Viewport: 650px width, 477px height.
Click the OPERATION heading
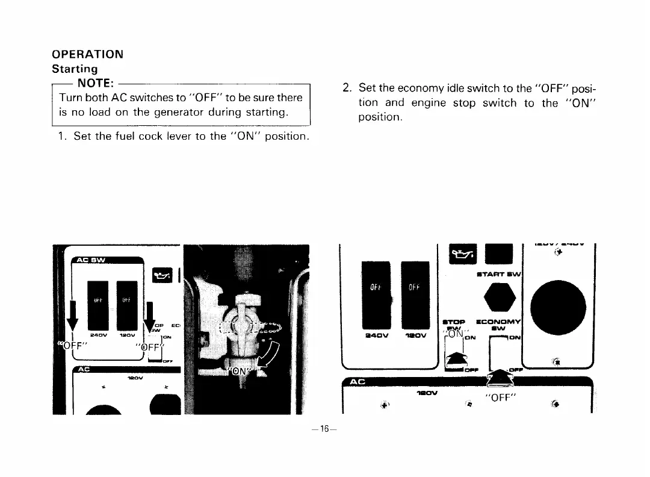coord(87,54)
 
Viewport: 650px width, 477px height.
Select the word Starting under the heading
coord(75,69)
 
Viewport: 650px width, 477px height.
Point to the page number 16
coord(325,429)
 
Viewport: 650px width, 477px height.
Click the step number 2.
coord(346,89)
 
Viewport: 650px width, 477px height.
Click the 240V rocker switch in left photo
coord(99,299)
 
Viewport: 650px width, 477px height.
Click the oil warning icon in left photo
coord(164,273)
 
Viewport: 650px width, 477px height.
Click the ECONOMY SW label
coord(499,325)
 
